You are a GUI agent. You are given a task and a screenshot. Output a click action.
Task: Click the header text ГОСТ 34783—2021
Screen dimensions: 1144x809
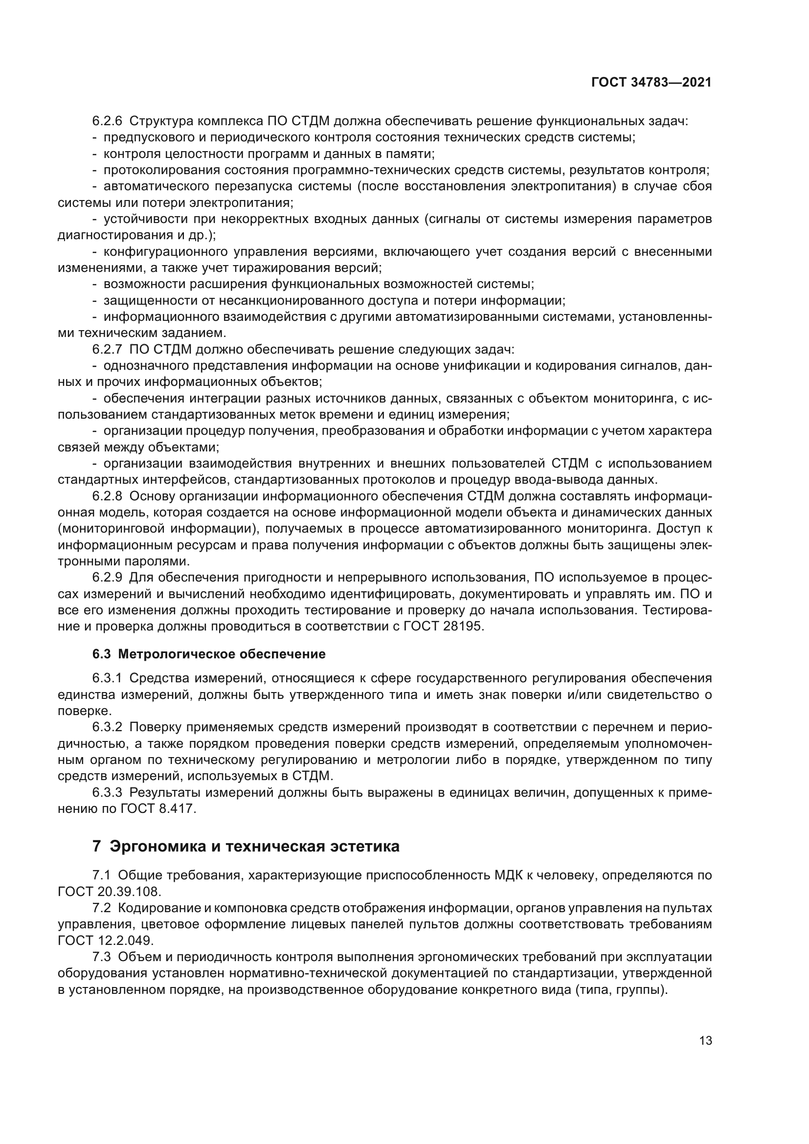[x=651, y=83]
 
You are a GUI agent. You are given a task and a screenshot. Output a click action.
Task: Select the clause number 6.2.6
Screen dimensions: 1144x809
[x=107, y=121]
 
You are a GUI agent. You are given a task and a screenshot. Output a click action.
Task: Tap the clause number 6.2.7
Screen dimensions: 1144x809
[x=107, y=349]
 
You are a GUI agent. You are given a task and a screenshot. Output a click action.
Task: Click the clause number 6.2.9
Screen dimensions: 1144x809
[x=107, y=578]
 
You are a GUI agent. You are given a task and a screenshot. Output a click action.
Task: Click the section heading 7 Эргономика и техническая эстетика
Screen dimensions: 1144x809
[x=246, y=847]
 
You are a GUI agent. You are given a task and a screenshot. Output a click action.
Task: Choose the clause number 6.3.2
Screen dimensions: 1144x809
[x=107, y=727]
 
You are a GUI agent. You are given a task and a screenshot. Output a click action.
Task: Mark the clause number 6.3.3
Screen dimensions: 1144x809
[x=107, y=792]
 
